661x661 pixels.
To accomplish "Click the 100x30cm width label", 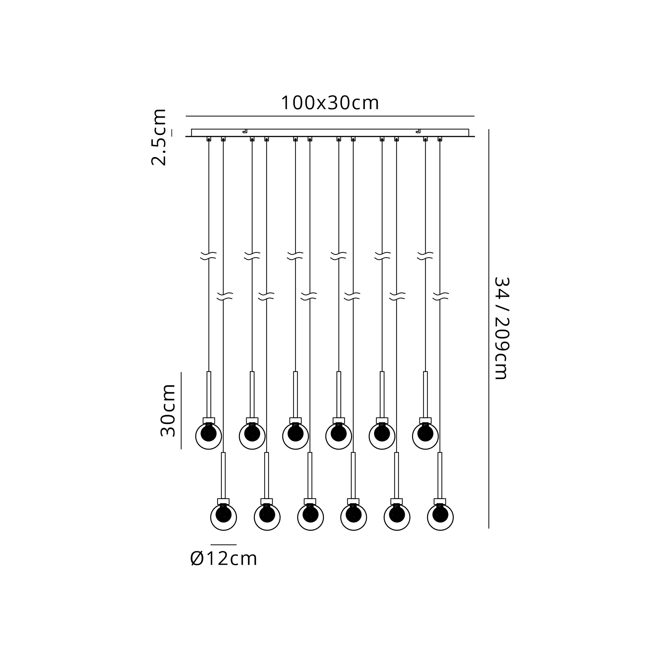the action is (330, 103).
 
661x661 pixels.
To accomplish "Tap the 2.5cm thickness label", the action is (159, 137).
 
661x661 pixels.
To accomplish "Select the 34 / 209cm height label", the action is (502, 328).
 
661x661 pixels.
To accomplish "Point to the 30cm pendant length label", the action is (168, 410).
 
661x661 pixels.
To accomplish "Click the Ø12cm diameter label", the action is (223, 559).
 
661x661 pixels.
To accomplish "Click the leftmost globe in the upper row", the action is (209, 436).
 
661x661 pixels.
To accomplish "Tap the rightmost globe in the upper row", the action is (425, 436).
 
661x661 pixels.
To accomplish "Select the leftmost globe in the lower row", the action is (223, 517).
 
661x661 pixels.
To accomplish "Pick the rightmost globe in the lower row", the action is (440, 517).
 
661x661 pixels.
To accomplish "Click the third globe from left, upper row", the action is (295, 436).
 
